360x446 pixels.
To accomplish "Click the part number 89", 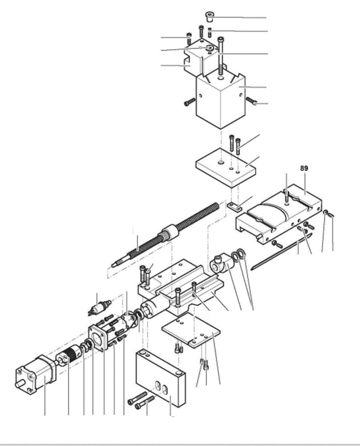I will (x=304, y=168).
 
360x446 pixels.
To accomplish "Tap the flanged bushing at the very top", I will (x=209, y=17).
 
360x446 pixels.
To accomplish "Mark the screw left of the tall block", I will (x=189, y=103).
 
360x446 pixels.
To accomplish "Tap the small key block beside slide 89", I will (x=235, y=206).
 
